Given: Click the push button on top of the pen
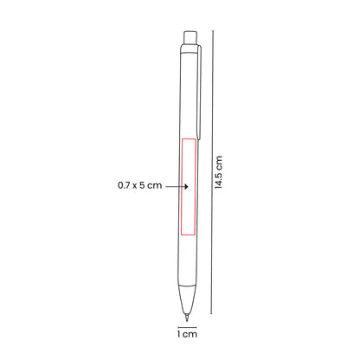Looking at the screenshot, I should pos(190,38).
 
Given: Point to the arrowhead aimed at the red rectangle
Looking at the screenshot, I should pos(180,185).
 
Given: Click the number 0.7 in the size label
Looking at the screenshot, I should pos(125,185).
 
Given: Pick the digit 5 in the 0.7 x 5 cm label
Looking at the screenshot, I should pos(145,185).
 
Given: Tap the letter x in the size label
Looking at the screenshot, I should pos(137,185).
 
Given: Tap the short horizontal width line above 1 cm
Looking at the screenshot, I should pos(186,325).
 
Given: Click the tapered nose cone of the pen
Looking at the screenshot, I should pos(187,299).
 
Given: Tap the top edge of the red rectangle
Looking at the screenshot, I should pos(188,138).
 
